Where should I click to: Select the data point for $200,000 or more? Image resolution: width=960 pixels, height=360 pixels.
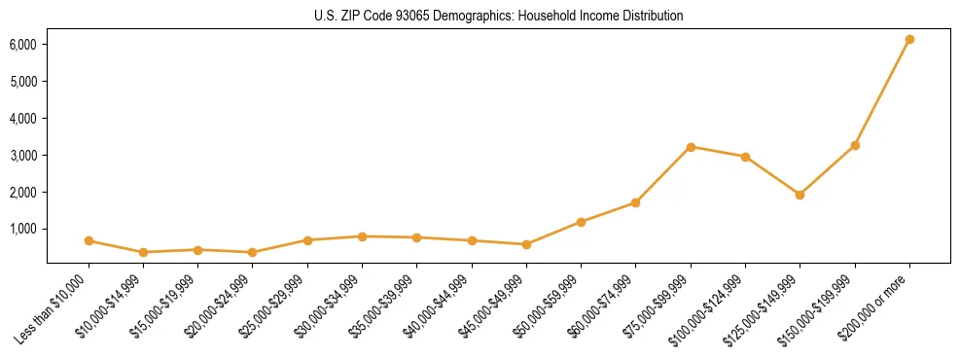click(x=909, y=40)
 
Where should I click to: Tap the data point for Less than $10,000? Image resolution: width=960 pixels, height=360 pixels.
click(x=89, y=240)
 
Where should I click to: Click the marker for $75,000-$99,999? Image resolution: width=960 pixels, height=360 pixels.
click(x=691, y=147)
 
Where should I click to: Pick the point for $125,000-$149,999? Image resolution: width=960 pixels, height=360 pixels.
click(x=800, y=195)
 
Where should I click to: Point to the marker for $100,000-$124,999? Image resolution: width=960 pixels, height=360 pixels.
click(x=745, y=157)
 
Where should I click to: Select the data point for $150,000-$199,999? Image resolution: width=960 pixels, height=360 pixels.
click(x=855, y=145)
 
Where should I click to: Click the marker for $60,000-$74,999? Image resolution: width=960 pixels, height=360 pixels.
click(x=635, y=202)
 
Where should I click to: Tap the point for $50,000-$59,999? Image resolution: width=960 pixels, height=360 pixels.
click(x=581, y=222)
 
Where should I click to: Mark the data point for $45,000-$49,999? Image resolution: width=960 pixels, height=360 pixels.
click(x=526, y=244)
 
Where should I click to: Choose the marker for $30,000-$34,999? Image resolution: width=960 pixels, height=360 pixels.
click(x=362, y=236)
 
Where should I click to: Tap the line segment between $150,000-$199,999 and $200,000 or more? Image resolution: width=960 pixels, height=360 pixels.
click(x=882, y=92)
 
